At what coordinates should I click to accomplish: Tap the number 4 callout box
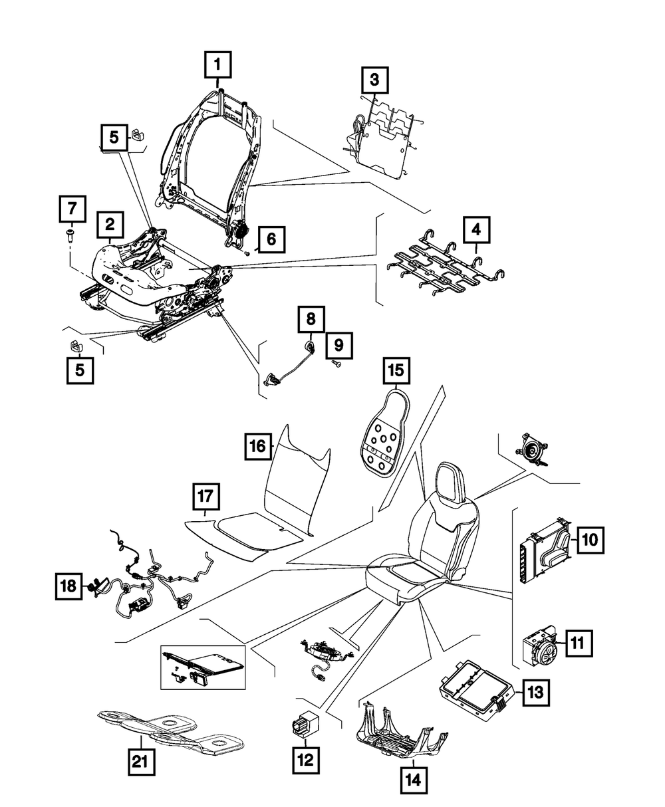tap(475, 231)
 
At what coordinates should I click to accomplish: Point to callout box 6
tap(271, 239)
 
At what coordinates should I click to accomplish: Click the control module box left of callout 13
tap(473, 689)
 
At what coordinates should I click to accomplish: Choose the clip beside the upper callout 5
tap(138, 134)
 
